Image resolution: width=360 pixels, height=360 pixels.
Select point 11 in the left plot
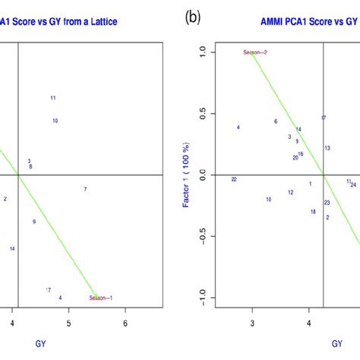[x=53, y=98]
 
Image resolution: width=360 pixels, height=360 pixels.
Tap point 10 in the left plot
[x=55, y=121]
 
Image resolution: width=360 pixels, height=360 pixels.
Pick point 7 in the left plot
[x=85, y=189]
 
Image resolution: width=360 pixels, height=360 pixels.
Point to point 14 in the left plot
[x=12, y=249]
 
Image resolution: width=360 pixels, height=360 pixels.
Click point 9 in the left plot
[x=34, y=222]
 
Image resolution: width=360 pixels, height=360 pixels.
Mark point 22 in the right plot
[x=234, y=179]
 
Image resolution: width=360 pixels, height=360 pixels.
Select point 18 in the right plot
[x=313, y=212]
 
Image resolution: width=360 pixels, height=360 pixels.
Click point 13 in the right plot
[x=327, y=148]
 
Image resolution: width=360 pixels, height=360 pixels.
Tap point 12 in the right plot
[x=290, y=192]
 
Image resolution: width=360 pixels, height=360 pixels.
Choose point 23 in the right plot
[x=327, y=203]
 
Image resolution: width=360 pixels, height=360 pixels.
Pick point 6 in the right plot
[x=276, y=122]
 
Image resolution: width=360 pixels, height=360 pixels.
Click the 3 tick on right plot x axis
[x=252, y=324]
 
